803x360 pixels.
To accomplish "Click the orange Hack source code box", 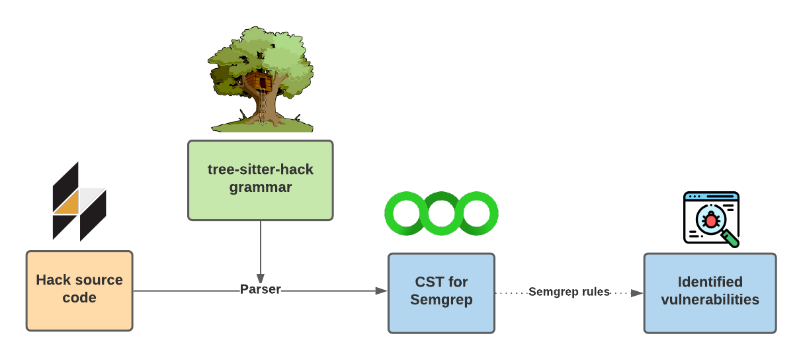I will click(x=79, y=291).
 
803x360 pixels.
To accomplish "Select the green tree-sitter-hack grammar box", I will click(x=260, y=179).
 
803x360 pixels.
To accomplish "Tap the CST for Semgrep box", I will click(x=441, y=292).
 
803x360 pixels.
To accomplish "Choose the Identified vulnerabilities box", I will click(x=710, y=292).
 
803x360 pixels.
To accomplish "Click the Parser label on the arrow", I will click(x=260, y=289).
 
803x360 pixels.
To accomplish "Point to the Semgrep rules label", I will click(x=569, y=291).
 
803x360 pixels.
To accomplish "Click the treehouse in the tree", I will click(x=259, y=83).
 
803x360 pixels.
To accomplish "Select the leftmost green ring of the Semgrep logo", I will click(x=403, y=213).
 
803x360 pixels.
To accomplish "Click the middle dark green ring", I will click(x=441, y=213).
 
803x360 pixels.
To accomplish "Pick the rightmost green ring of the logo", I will click(x=480, y=213).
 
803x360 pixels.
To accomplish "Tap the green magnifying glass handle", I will click(x=730, y=238).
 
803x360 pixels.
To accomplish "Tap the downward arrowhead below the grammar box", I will click(x=260, y=277).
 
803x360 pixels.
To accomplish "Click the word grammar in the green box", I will click(x=260, y=187).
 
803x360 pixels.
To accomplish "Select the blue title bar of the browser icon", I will click(x=711, y=197).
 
